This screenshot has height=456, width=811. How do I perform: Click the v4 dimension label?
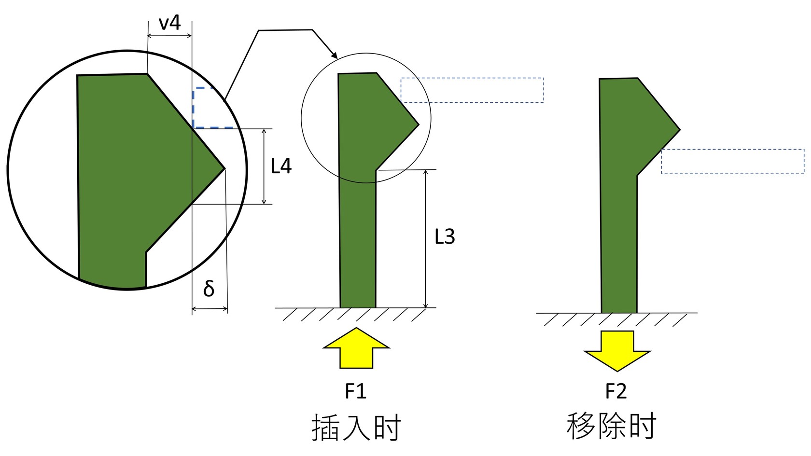(x=169, y=23)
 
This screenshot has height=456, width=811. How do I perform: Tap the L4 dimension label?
(x=281, y=166)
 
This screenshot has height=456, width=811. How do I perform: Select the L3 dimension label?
(x=445, y=237)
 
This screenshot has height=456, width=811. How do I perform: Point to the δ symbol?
(x=209, y=289)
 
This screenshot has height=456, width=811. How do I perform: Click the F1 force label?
(x=356, y=391)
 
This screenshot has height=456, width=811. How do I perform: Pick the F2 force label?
(x=616, y=391)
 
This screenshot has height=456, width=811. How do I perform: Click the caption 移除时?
(x=611, y=426)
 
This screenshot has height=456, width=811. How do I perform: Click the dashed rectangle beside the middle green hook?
(x=472, y=90)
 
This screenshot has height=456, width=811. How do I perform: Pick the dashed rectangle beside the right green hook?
(x=732, y=161)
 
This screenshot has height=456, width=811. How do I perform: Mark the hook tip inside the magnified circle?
(x=224, y=168)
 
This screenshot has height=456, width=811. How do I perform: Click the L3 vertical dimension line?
(x=425, y=239)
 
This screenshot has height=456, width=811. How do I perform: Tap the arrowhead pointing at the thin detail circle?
(x=334, y=56)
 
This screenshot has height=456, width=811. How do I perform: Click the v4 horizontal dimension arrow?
(x=169, y=36)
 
